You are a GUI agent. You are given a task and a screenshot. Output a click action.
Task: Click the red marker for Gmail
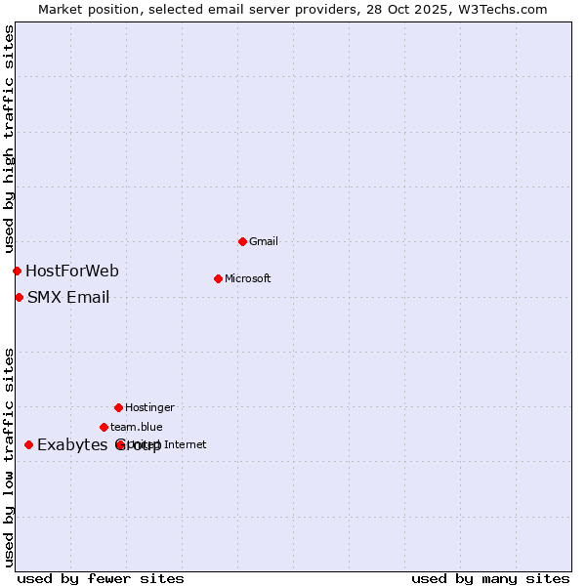click(x=242, y=241)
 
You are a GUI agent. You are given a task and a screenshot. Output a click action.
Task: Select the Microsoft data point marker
click(x=218, y=278)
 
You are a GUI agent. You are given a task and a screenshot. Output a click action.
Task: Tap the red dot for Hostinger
click(x=118, y=407)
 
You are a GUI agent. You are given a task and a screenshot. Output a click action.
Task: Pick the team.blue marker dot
click(x=104, y=427)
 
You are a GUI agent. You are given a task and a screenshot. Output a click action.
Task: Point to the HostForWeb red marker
click(x=17, y=271)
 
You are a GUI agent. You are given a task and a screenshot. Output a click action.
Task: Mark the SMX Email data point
click(x=19, y=297)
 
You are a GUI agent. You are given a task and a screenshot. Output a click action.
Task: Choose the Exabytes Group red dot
click(x=28, y=444)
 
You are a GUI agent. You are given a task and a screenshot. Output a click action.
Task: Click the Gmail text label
click(x=264, y=241)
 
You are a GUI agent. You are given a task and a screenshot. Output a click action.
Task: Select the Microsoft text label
click(x=248, y=278)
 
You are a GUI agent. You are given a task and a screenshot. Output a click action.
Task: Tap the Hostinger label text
click(x=149, y=407)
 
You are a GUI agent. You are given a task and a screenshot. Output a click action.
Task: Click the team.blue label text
click(x=137, y=427)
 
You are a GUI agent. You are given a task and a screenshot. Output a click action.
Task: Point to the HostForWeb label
click(x=72, y=271)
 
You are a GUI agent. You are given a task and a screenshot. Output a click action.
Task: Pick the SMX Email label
click(x=68, y=297)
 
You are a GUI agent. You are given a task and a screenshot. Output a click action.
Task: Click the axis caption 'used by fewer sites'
click(x=101, y=578)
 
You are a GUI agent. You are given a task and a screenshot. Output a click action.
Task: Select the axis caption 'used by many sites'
click(x=490, y=578)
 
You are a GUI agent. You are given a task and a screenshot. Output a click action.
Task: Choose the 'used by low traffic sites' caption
click(x=9, y=457)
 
